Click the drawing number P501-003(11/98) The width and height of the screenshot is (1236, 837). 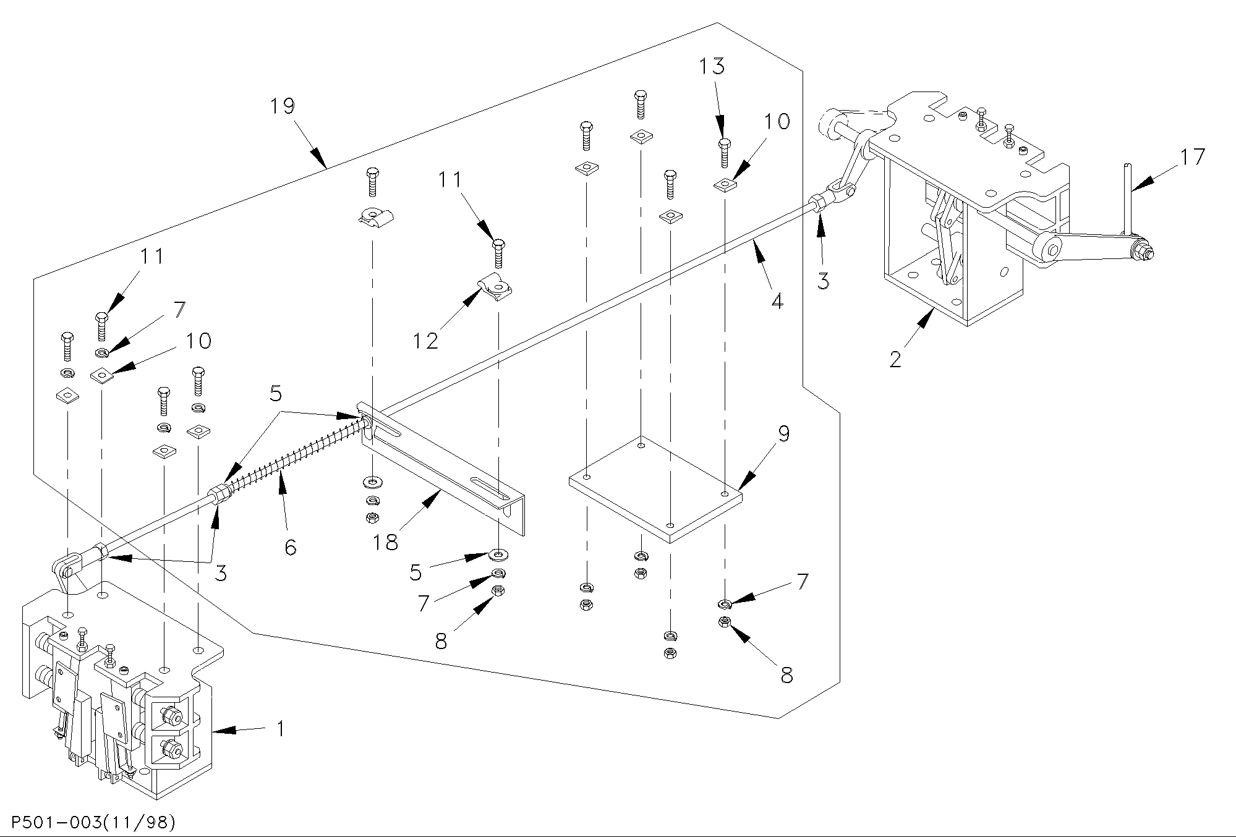pyautogui.click(x=88, y=823)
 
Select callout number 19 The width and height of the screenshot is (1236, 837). pyautogui.click(x=283, y=106)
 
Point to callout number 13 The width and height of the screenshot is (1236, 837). pyautogui.click(x=712, y=66)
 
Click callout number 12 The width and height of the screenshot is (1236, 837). pyautogui.click(x=426, y=341)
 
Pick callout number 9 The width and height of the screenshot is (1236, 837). pyautogui.click(x=783, y=434)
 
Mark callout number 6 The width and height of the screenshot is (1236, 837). pyautogui.click(x=291, y=546)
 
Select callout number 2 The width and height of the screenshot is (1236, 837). pyautogui.click(x=896, y=359)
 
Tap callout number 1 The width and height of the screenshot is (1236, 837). pyautogui.click(x=280, y=729)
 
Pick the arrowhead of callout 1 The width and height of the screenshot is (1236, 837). pyautogui.click(x=224, y=731)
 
